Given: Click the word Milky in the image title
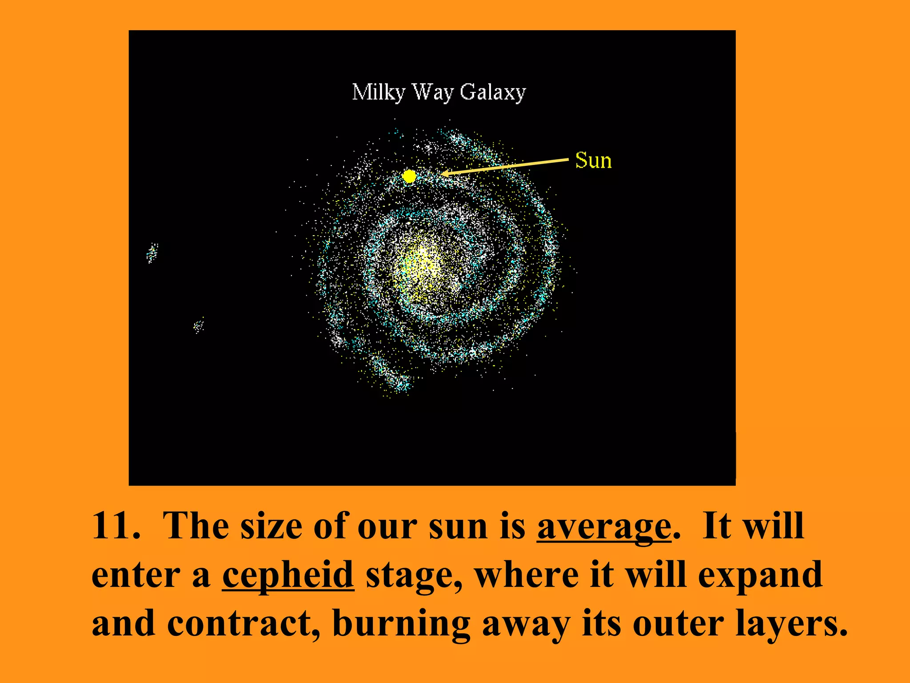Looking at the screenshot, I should click(378, 92).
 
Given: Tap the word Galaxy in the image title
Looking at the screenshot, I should click(492, 92).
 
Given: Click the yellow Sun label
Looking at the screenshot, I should click(593, 161).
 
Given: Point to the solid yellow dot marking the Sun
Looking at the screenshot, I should click(409, 177).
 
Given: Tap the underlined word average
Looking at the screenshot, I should click(604, 526).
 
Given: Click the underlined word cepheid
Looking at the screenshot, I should click(288, 575).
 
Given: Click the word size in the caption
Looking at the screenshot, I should click(271, 526).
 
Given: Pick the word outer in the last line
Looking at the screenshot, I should click(678, 623).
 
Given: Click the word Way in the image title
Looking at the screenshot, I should click(433, 92).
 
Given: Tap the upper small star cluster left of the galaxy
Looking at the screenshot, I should click(152, 253).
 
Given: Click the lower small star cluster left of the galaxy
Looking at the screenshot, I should click(199, 326).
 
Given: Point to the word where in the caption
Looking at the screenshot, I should click(527, 575).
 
